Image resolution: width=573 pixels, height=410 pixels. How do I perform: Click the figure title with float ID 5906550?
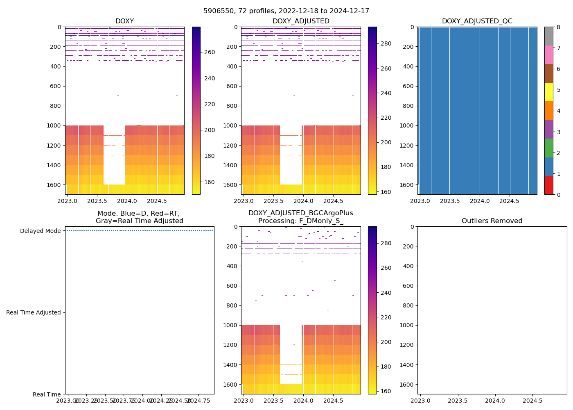pyautogui.click(x=286, y=11)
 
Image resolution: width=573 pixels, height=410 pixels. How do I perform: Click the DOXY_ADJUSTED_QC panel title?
pyautogui.click(x=477, y=21)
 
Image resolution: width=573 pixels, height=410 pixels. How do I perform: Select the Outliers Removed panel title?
pyautogui.click(x=492, y=221)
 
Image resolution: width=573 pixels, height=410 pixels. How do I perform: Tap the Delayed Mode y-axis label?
pyautogui.click(x=40, y=231)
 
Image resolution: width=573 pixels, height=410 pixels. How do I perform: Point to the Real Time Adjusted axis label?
pyautogui.click(x=33, y=312)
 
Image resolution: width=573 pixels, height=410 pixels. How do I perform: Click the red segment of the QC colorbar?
pyautogui.click(x=548, y=185)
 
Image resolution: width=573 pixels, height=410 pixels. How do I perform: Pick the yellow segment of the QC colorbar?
pyautogui.click(x=548, y=92)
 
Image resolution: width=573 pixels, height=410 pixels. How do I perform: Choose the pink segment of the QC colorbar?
pyautogui.click(x=548, y=55)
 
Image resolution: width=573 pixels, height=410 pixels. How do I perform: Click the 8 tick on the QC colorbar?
pyautogui.click(x=558, y=27)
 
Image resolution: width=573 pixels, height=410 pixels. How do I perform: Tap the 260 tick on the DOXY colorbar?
pyautogui.click(x=210, y=52)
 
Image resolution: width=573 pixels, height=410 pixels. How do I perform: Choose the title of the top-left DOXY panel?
pyautogui.click(x=124, y=21)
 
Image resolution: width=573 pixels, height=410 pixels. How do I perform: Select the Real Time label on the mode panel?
pyautogui.click(x=47, y=394)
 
